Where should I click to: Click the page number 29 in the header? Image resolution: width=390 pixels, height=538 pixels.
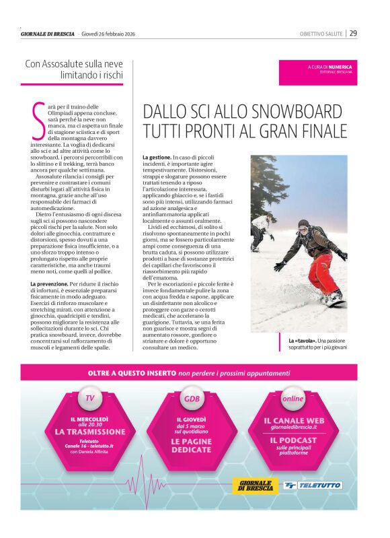pos(353,33)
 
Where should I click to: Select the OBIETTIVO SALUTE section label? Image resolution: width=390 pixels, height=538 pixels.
pos(321,34)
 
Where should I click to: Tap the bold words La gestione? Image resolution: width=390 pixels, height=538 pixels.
pos(157,157)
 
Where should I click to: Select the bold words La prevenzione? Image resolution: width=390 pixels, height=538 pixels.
pos(48,285)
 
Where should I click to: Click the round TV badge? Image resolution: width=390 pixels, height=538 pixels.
pos(89,398)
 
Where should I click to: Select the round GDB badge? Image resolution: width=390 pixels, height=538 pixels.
pos(192,399)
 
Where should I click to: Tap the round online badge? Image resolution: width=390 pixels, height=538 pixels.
pos(293,398)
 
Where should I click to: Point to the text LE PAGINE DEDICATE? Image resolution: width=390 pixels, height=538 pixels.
pos(192,446)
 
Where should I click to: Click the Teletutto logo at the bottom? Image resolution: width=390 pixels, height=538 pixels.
pos(313,485)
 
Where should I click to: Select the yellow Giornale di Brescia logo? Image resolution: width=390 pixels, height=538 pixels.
pos(255,485)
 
